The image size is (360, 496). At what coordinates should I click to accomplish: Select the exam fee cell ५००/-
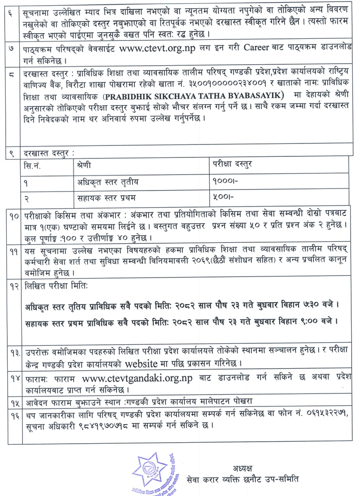[223, 197]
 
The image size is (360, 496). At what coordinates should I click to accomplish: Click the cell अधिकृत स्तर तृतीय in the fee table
[104, 182]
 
